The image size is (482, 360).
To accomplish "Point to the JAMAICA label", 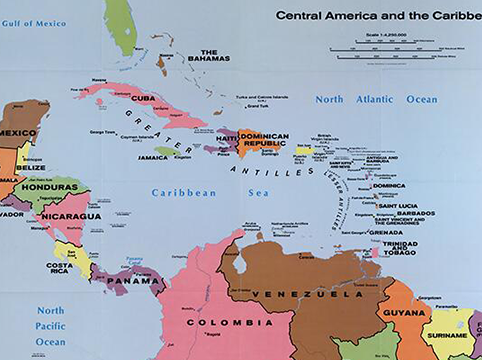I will [x=153, y=156].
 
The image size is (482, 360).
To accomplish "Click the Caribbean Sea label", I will [x=185, y=191].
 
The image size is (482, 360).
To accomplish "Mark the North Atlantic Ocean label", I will [x=376, y=100].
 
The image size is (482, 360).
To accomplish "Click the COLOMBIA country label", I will [x=226, y=323].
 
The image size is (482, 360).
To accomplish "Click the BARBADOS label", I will [x=414, y=212].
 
